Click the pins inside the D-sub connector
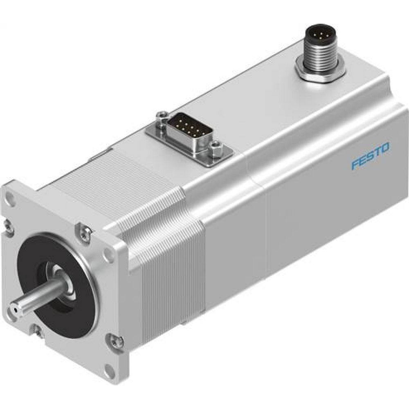(188, 126)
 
